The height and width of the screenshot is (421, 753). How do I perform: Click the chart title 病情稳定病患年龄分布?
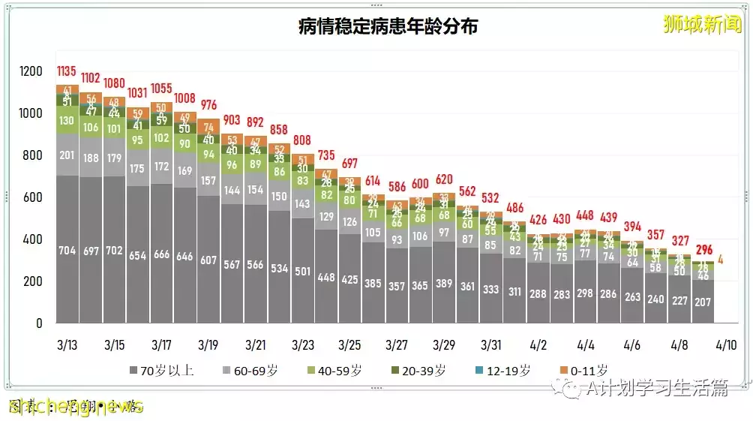388,26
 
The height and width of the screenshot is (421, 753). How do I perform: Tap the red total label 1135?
67,72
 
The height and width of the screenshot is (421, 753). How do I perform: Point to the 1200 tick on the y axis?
32,71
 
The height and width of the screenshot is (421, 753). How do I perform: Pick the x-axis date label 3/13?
67,345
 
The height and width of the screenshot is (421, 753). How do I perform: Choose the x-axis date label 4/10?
727,345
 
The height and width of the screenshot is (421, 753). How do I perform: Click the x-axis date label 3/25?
349,345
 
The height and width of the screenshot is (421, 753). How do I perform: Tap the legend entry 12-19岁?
508,370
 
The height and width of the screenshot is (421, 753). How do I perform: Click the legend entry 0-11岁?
586,370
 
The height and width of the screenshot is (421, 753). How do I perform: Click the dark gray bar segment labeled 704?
67,251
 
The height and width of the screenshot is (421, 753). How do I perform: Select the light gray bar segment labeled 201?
67,155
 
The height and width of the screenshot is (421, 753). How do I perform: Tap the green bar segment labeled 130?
67,120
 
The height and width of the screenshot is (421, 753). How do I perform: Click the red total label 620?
444,179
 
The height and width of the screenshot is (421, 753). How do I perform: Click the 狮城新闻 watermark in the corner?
703,24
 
